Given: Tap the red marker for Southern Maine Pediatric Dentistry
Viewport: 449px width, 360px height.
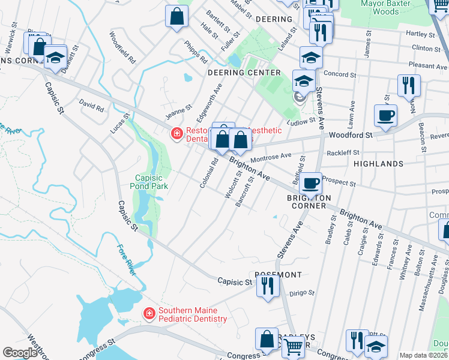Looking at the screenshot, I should (x=149, y=313).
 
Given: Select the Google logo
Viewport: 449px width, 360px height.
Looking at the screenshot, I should (x=20, y=353).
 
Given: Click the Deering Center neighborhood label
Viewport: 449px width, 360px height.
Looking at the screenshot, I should (x=244, y=73).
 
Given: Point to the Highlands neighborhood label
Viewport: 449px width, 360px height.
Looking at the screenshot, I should (x=378, y=164).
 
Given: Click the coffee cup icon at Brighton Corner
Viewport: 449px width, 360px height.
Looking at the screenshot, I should (x=310, y=182).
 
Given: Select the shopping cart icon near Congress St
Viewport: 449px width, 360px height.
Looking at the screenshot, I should (x=292, y=346).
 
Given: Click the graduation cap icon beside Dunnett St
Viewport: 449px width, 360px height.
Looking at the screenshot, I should (x=56, y=58).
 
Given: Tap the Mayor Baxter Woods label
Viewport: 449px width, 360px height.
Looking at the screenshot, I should (x=388, y=7).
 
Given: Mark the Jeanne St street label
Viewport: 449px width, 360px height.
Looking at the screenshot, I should (x=179, y=110).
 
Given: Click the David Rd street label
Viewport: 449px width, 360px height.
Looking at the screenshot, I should (x=91, y=106).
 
